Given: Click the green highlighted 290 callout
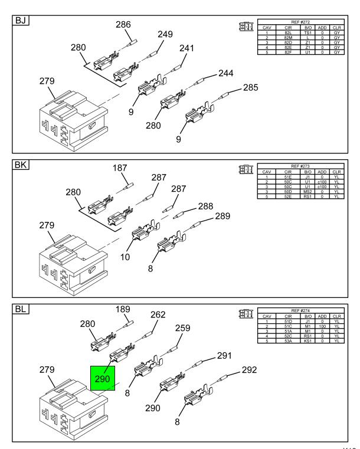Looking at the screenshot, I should click(104, 379).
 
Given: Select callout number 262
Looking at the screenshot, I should click(158, 314).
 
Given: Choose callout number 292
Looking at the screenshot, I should click(248, 371).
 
